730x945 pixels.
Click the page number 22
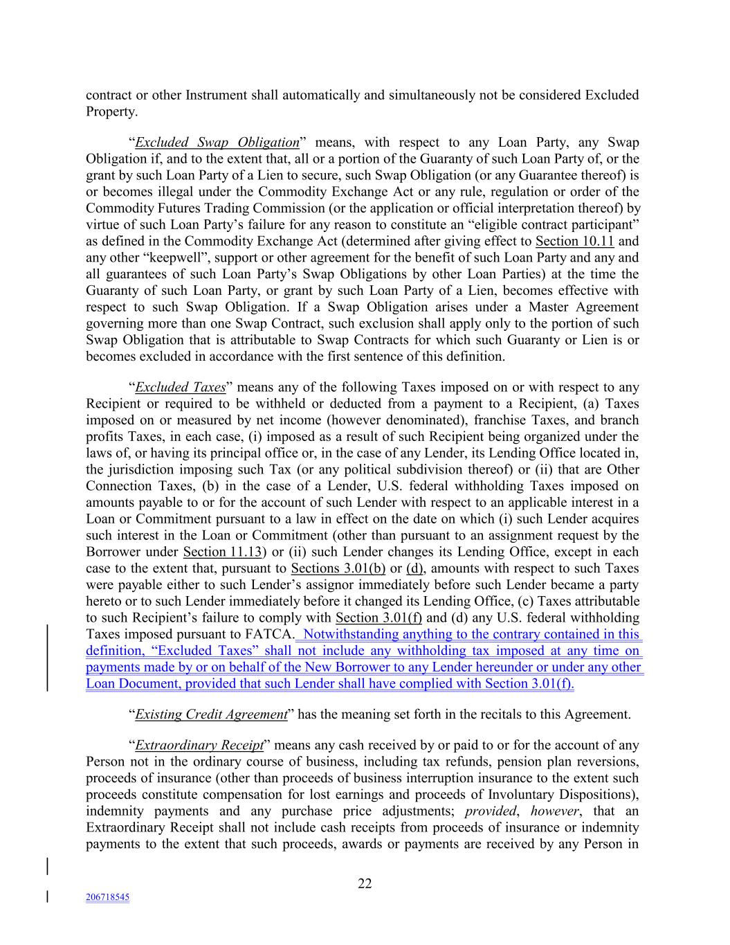pyautogui.click(x=365, y=883)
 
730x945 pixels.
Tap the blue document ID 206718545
pyautogui.click(x=107, y=897)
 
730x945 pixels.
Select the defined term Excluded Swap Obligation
pyautogui.click(x=217, y=143)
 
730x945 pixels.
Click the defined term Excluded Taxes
pyautogui.click(x=180, y=387)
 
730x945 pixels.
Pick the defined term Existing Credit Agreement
pyautogui.click(x=211, y=714)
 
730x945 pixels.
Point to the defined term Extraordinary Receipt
pyautogui.click(x=199, y=746)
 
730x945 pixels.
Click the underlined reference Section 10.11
pyautogui.click(x=574, y=242)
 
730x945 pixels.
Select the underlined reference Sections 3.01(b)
pyautogui.click(x=338, y=568)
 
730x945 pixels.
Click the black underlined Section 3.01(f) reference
pyautogui.click(x=378, y=618)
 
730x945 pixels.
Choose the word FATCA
pyautogui.click(x=269, y=634)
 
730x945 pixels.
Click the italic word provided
pyautogui.click(x=491, y=811)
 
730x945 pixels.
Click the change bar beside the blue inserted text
pyautogui.click(x=47, y=658)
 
